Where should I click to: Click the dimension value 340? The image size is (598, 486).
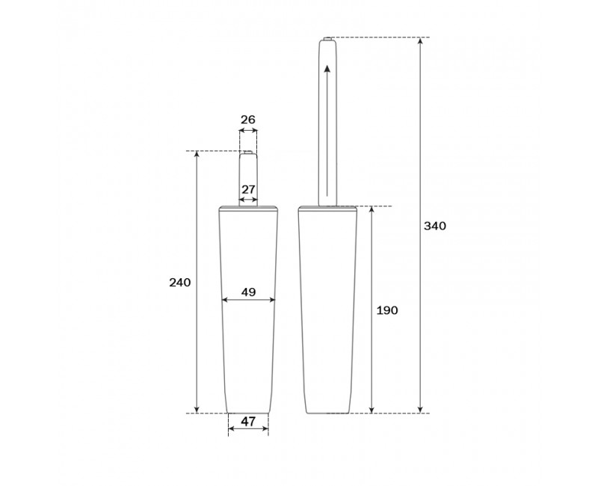pos(435,226)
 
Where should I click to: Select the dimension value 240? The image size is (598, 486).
pos(180,283)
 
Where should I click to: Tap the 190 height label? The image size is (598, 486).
pos(387,310)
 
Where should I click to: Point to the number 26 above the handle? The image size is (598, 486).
pos(248,120)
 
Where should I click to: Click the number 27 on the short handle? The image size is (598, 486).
pos(248,189)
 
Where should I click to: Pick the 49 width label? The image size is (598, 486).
pos(248,292)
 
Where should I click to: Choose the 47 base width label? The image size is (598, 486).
pos(248,422)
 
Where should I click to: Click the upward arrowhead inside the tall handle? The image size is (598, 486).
pos(327,69)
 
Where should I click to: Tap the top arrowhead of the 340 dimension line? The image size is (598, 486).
pos(420,41)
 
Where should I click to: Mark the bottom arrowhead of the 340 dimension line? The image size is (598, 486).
pos(420,409)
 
